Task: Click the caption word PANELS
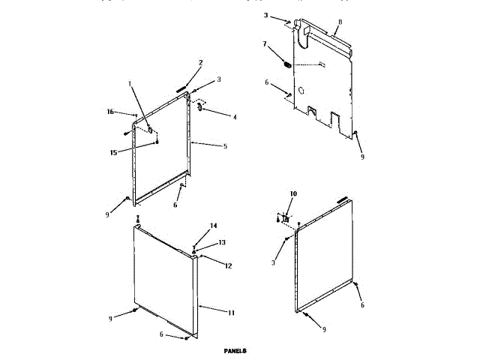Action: click(235, 350)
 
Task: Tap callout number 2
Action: click(200, 62)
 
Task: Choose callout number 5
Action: click(224, 145)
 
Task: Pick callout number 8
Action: click(339, 24)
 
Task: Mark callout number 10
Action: click(293, 193)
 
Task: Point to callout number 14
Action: click(213, 226)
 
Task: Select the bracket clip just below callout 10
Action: click(284, 217)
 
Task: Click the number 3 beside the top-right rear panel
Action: click(265, 14)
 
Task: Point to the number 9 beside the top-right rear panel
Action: click(362, 158)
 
